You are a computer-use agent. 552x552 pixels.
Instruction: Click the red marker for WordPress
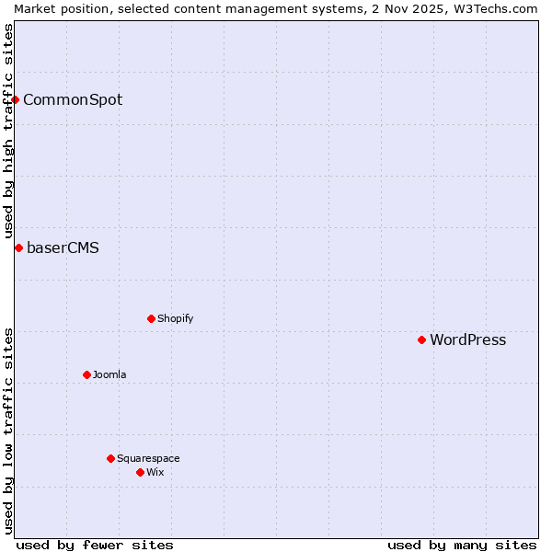(x=421, y=339)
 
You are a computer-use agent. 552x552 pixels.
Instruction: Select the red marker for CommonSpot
(x=16, y=99)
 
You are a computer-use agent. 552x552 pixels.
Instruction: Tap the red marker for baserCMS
(x=18, y=247)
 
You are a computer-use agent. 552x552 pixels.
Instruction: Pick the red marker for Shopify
(x=151, y=318)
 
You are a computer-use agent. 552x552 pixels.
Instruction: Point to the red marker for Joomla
(x=86, y=374)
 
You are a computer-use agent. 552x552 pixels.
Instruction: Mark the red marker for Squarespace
(x=110, y=458)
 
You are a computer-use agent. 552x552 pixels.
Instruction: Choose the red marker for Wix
(x=140, y=472)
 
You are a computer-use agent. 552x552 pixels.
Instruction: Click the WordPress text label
(x=467, y=339)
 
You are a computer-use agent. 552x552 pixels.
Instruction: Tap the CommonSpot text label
(x=73, y=99)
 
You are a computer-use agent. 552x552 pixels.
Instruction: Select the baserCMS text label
(x=63, y=247)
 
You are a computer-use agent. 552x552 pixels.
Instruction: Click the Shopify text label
(x=175, y=318)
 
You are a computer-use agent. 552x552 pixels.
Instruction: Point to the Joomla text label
(x=109, y=374)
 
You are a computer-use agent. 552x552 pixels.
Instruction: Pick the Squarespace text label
(x=148, y=458)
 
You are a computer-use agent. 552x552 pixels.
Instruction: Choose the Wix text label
(x=155, y=472)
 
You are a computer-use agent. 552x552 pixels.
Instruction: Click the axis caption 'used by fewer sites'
(x=95, y=545)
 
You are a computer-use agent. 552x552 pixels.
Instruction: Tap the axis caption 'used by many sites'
(x=462, y=545)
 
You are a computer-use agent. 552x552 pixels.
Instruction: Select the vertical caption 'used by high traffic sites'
(x=8, y=131)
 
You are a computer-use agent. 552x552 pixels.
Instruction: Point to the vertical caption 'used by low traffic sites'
(x=8, y=431)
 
